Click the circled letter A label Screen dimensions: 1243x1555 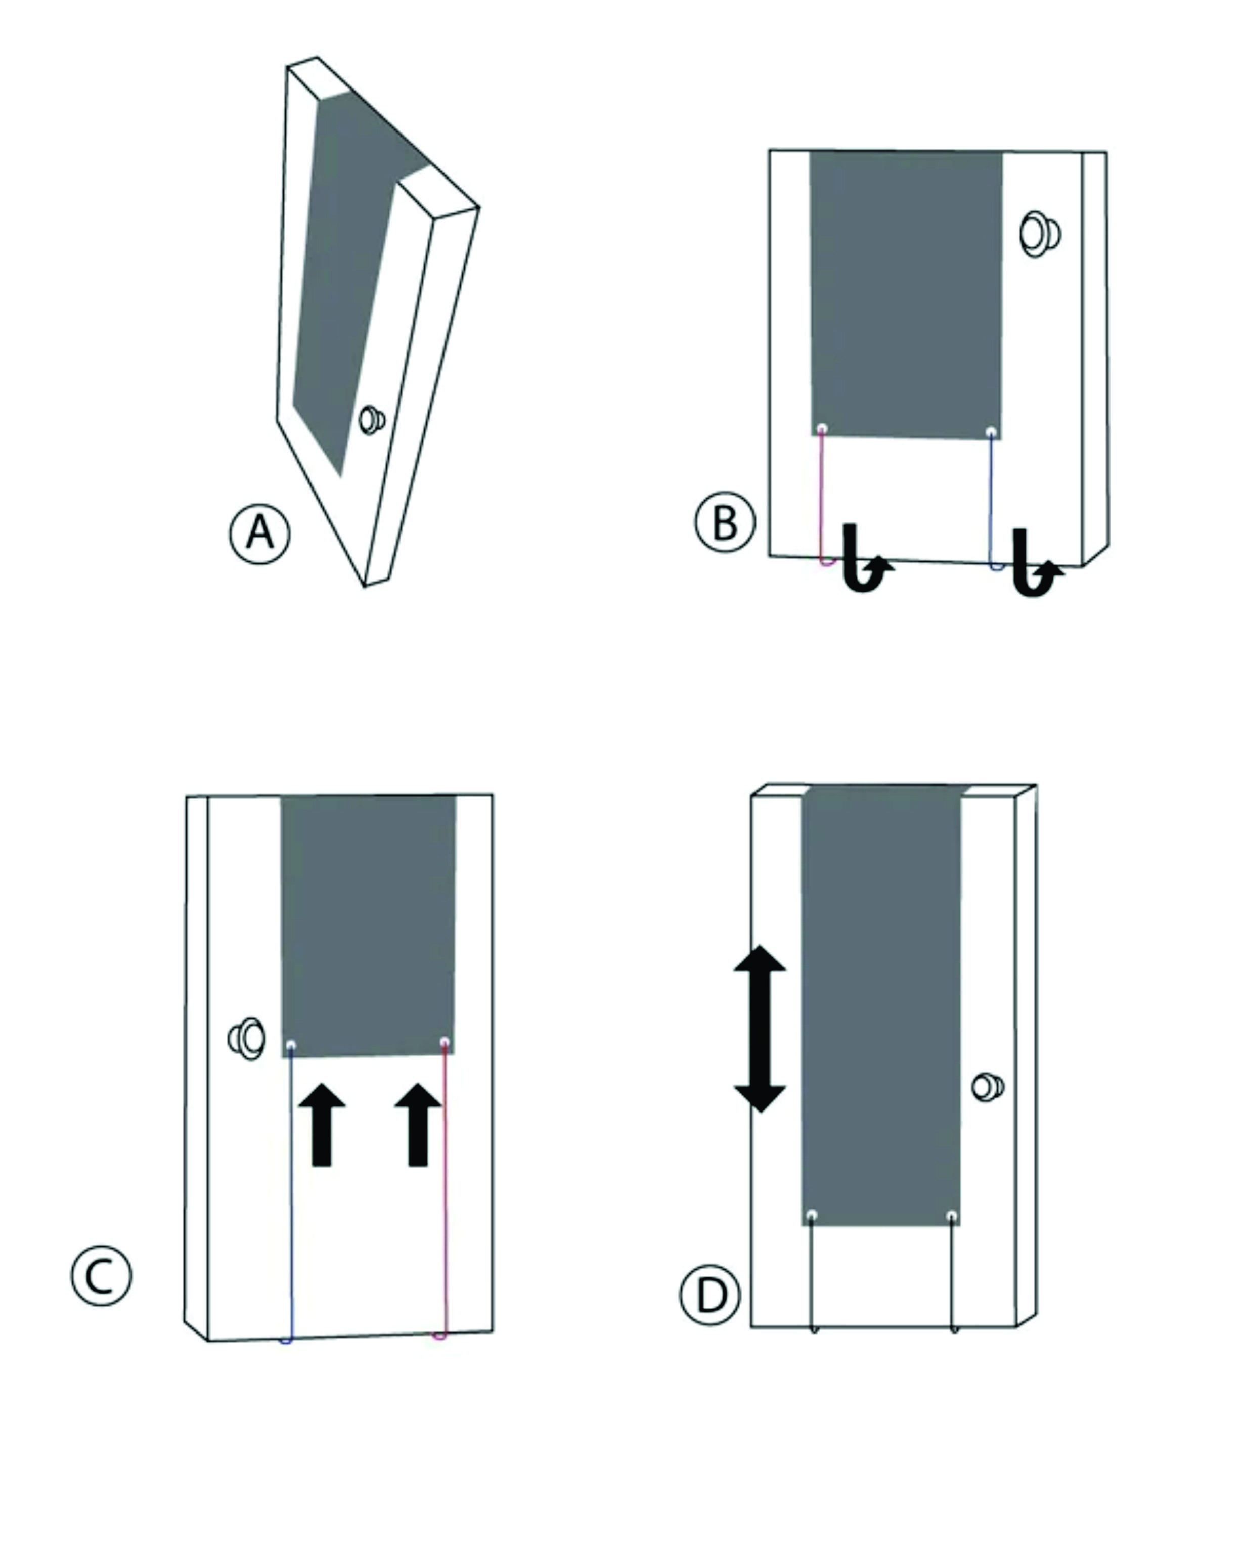coord(260,535)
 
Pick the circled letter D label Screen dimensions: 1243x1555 coord(711,1295)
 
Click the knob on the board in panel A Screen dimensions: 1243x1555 coord(372,419)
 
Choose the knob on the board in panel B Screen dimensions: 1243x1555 coord(1040,235)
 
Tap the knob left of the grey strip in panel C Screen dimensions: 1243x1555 coord(247,1039)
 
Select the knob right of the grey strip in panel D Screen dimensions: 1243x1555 coord(988,1087)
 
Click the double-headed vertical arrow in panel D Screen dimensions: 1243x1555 coord(760,1029)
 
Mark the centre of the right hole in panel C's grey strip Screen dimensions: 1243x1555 coord(445,1042)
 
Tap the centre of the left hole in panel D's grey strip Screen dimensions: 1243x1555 coord(812,1215)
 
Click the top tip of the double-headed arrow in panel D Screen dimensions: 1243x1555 coord(760,946)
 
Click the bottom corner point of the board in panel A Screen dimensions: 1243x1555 coord(364,587)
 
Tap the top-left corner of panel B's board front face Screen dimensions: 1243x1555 coord(769,150)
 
